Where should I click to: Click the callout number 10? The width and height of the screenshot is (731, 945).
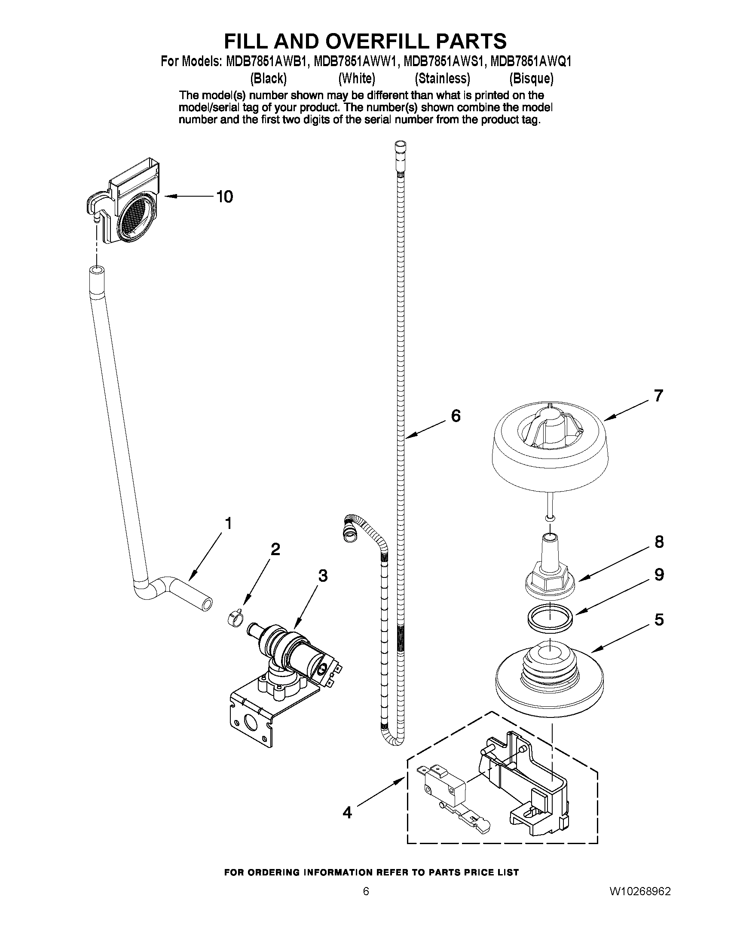(224, 197)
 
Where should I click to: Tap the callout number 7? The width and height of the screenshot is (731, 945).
(658, 395)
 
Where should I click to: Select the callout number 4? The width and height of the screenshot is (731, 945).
(347, 813)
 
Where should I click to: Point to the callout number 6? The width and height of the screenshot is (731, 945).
(456, 416)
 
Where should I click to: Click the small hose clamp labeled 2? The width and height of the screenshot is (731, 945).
(234, 618)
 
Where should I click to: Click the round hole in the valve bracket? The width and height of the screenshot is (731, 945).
(250, 720)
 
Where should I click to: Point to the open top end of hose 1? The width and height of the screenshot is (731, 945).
(96, 271)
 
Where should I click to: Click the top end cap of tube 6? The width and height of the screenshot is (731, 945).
(401, 146)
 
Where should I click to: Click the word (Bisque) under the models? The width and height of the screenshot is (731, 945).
(531, 78)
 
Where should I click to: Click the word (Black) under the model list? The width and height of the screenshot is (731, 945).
(269, 78)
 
